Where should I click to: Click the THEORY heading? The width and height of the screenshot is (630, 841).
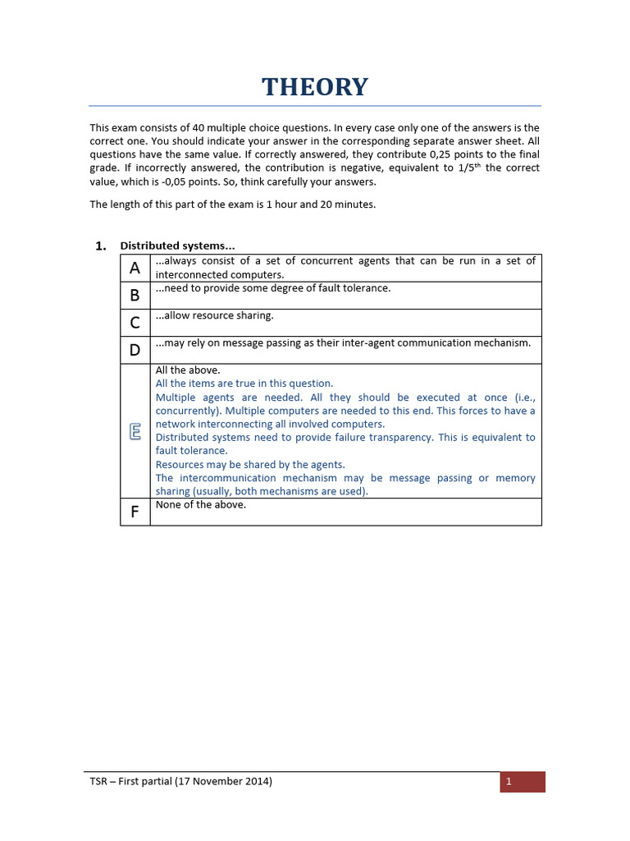[x=315, y=86]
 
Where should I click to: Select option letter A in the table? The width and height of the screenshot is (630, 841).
[x=135, y=268]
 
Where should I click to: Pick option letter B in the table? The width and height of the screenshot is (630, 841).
[x=135, y=295]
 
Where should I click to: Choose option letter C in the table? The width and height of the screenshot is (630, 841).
[x=135, y=323]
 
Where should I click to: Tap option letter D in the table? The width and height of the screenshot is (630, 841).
[x=135, y=350]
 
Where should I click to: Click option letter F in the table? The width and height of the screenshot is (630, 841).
[x=135, y=512]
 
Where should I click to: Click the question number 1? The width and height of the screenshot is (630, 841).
[x=100, y=246]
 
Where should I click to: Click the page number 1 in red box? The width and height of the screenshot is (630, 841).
[x=509, y=782]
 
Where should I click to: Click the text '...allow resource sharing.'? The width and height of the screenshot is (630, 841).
[x=215, y=315]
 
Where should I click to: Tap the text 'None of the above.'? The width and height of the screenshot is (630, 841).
[x=201, y=505]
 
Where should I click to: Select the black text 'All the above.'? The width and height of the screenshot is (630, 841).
[x=188, y=370]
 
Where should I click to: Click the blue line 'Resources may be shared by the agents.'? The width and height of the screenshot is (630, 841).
[x=250, y=464]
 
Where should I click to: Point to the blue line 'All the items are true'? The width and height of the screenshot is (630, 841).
[x=244, y=384]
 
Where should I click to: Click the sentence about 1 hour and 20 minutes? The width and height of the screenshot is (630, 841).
[x=232, y=205]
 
